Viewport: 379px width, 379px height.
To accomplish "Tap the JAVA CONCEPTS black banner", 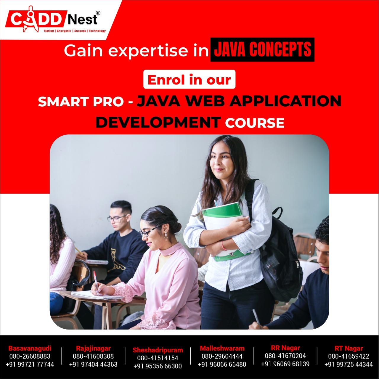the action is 262,49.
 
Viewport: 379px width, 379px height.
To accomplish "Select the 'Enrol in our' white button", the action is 189,79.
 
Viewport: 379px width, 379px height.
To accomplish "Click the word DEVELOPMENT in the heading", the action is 158,122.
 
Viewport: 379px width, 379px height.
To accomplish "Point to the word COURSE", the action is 255,123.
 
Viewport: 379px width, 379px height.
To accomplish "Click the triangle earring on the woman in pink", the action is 166,237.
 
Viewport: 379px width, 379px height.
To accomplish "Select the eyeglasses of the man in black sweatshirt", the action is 116,218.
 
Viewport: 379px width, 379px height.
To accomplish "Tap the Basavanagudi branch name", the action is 30,348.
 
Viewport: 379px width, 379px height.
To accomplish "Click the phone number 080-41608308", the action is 93,356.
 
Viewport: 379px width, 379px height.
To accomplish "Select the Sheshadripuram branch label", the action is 158,350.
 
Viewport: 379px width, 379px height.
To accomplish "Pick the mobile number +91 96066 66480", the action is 222,364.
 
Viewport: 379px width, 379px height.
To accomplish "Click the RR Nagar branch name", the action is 285,348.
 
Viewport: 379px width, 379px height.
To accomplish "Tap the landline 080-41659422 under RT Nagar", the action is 349,356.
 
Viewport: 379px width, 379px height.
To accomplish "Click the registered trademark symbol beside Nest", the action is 98,13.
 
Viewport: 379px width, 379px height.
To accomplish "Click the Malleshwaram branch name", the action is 222,348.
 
